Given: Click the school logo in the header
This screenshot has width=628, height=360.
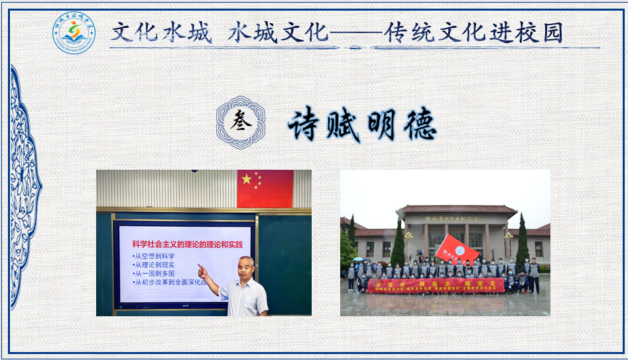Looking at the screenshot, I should pos(74,33).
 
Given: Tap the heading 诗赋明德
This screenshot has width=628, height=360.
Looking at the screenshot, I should pos(362,124).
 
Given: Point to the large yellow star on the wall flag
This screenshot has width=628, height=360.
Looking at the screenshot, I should pos(247,178).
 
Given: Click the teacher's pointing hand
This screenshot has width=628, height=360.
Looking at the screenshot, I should pos(202,270).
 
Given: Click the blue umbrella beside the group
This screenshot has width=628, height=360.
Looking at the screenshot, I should pos(359,260).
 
